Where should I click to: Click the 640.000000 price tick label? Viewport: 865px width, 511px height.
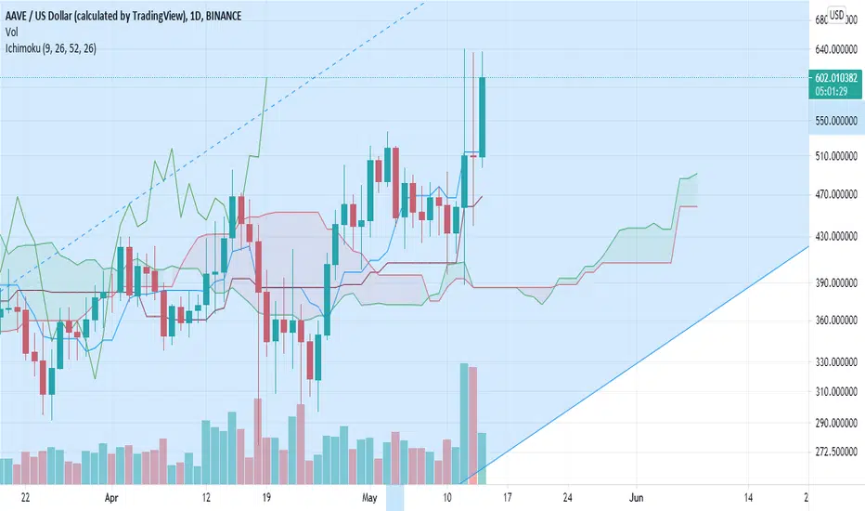coord(835,50)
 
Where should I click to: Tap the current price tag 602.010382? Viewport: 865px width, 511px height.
coord(835,78)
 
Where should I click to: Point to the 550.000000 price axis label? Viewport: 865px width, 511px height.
coord(835,121)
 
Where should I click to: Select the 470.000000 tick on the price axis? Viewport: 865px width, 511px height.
coord(835,194)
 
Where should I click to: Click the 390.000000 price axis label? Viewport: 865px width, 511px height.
coord(835,282)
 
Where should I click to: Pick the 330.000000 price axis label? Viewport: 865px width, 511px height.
coord(835,361)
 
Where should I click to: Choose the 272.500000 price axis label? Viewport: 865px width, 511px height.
coord(835,452)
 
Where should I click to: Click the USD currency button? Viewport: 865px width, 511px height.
coord(837,15)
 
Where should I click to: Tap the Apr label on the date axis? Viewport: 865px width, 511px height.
coord(111,498)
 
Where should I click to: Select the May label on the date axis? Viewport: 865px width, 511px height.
coord(369,498)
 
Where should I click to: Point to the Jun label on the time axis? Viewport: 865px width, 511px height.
coord(636,498)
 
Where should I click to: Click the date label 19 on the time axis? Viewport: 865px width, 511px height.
coord(266,498)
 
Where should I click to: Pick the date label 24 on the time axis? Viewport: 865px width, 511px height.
coord(568,498)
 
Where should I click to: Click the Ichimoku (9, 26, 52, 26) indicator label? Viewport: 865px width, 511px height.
coord(51,48)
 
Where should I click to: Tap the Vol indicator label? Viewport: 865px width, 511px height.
coord(11,32)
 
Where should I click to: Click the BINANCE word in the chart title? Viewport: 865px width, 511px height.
coord(224,16)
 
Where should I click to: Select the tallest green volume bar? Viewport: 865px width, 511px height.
coord(464,424)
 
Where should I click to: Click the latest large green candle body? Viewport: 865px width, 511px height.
coord(482,117)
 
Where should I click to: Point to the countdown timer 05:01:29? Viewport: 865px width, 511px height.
coord(832,91)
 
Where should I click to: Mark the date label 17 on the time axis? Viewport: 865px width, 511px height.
coord(507,498)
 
